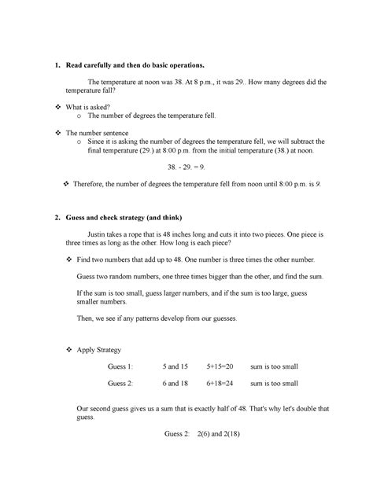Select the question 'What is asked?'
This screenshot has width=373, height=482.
click(x=94, y=106)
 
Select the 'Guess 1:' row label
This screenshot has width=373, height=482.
click(x=121, y=366)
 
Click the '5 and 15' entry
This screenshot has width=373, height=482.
click(x=175, y=366)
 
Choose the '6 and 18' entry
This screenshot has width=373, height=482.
click(x=175, y=383)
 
